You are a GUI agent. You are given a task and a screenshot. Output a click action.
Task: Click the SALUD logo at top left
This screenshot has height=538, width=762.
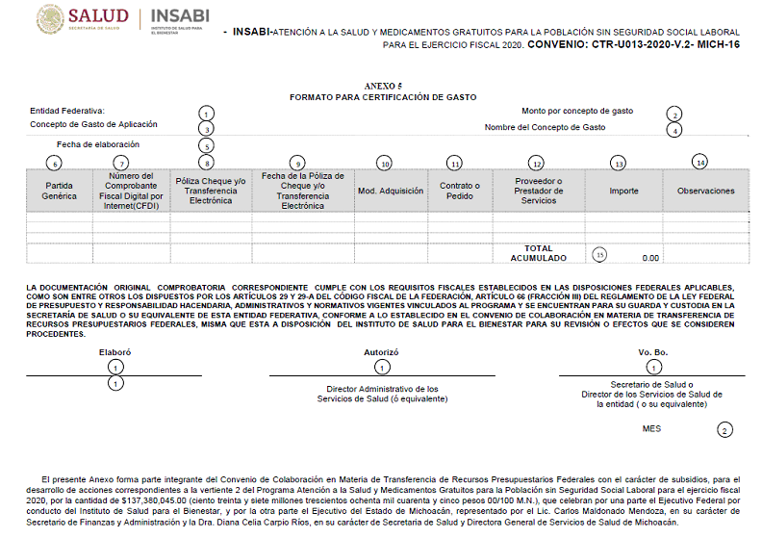click(x=84, y=19)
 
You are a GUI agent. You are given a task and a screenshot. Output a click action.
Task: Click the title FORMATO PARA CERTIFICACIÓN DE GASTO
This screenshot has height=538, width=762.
click(x=383, y=97)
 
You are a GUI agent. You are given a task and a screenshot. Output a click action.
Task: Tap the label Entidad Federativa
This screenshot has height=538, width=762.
click(x=67, y=111)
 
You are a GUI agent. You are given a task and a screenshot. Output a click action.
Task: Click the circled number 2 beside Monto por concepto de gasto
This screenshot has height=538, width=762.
click(x=676, y=114)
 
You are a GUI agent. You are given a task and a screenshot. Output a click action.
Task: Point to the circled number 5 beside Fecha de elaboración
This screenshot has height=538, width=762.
click(x=206, y=145)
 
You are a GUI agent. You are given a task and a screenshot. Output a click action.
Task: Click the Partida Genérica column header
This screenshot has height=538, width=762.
click(x=60, y=191)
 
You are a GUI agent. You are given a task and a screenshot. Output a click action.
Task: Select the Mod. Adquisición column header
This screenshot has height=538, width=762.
click(x=391, y=191)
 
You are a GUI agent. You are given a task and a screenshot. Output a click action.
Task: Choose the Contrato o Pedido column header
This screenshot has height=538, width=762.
click(x=460, y=191)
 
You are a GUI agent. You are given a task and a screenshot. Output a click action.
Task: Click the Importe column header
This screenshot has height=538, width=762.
click(x=623, y=191)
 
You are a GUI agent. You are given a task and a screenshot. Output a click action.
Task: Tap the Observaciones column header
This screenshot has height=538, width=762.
click(x=705, y=191)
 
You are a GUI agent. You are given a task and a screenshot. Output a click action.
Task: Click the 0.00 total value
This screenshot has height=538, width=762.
click(x=649, y=258)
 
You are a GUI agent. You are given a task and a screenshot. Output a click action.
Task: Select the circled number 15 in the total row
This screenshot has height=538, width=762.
click(x=600, y=255)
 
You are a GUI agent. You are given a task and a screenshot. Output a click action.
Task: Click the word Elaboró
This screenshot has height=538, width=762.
click(x=114, y=352)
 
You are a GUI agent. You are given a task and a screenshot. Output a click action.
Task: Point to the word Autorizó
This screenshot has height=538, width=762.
click(x=381, y=352)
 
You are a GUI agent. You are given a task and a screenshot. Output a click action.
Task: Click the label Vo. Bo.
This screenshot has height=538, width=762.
click(x=652, y=352)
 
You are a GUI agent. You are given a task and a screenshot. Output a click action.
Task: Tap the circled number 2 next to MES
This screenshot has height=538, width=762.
click(x=724, y=430)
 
